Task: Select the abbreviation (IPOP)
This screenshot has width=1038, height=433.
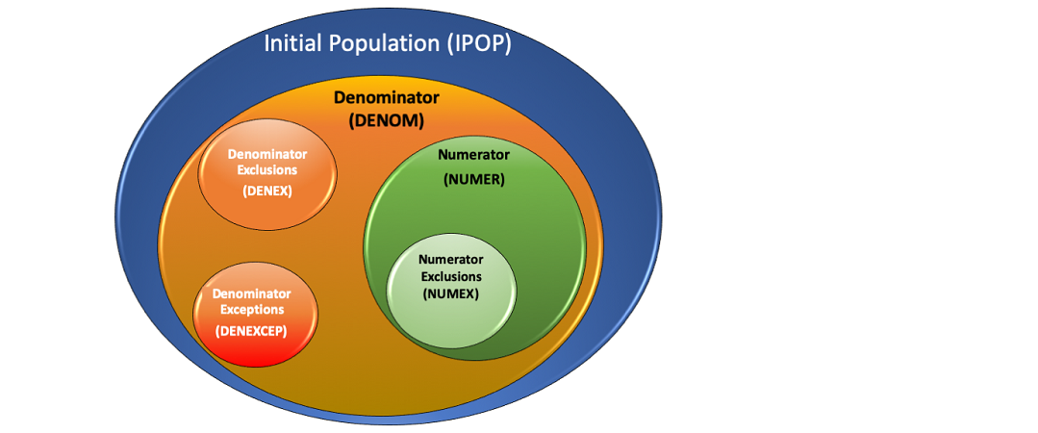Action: [x=477, y=43]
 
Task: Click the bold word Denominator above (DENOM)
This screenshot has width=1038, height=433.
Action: [x=386, y=98]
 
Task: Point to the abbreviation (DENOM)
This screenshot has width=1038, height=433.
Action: [x=386, y=120]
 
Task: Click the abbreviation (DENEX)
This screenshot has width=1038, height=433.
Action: [x=267, y=191]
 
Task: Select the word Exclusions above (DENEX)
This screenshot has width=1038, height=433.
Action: [x=267, y=170]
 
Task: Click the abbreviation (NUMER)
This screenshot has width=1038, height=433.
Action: [x=473, y=179]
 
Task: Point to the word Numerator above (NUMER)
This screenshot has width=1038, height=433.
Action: [x=473, y=154]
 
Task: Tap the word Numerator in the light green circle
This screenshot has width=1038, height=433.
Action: [x=450, y=260]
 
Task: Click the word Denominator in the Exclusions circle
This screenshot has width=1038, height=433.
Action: [x=267, y=154]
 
